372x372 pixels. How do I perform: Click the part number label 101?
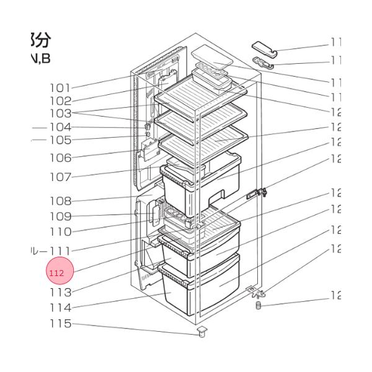coord(60,88)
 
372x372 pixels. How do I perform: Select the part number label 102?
coord(60,100)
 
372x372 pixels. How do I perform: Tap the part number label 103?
coord(60,113)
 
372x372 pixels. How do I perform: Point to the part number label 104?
coord(60,127)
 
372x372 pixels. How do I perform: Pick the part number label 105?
coord(60,140)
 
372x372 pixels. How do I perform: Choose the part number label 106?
coord(60,157)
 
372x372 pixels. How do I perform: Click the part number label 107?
coord(60,177)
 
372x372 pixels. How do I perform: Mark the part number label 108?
coord(60,201)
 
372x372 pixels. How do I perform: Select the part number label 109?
coord(60,216)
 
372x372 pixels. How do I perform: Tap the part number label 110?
coord(60,232)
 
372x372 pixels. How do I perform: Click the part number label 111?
coord(60,250)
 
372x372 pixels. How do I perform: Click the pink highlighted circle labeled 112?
coord(60,272)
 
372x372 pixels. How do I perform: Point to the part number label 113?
coord(60,292)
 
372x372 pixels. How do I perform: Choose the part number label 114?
coord(60,308)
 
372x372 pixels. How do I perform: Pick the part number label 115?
coord(60,324)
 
